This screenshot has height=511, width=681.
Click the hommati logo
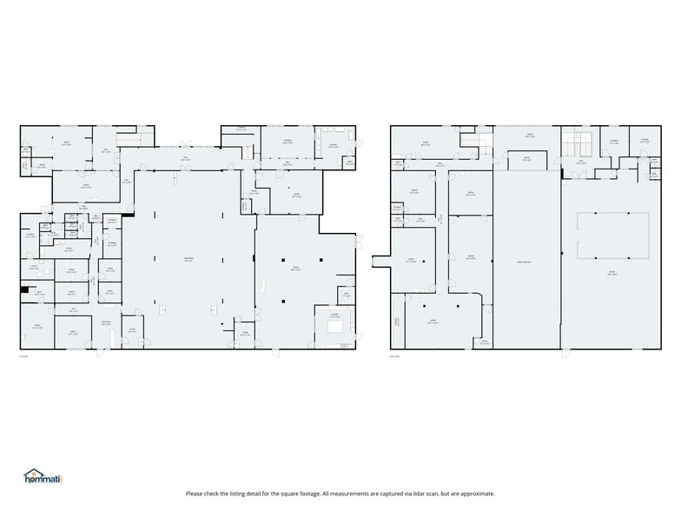tap(43, 476)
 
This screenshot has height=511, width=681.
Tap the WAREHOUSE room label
tap(188, 260)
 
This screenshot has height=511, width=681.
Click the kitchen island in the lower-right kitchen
tap(335, 327)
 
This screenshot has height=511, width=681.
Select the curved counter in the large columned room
tap(264, 287)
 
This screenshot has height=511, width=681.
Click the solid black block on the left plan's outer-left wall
tap(23, 290)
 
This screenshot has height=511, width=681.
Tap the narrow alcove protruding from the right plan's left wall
tap(380, 260)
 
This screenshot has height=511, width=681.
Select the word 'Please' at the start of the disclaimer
tap(195, 494)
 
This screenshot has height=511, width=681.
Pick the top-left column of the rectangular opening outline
tap(579, 213)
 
